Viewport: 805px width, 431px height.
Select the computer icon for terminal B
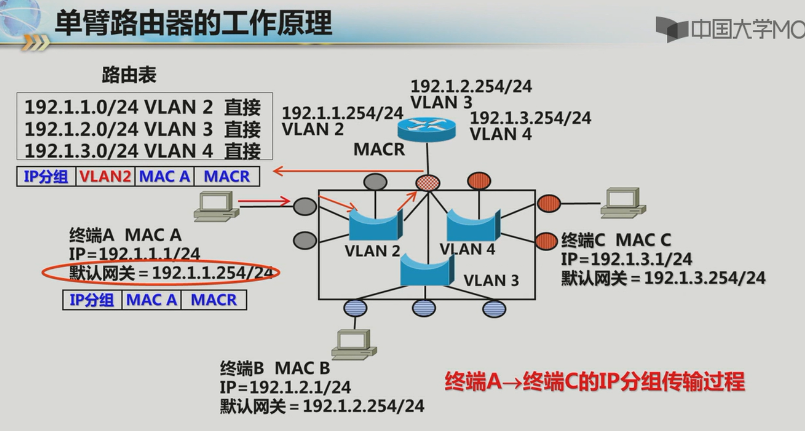tap(353, 344)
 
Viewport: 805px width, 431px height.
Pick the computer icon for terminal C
tap(622, 202)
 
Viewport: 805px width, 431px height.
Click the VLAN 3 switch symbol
tap(427, 270)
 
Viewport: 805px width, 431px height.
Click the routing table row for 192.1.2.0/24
tap(142, 129)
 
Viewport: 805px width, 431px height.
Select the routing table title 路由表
tap(129, 75)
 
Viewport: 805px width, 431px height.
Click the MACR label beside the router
tap(379, 149)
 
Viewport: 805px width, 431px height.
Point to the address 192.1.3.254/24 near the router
tap(530, 118)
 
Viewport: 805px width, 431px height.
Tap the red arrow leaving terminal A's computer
tap(263, 202)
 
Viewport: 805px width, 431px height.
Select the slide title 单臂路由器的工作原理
tap(193, 24)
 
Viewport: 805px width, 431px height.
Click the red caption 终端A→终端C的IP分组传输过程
tap(595, 382)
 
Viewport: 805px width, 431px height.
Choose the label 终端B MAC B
tap(275, 368)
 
